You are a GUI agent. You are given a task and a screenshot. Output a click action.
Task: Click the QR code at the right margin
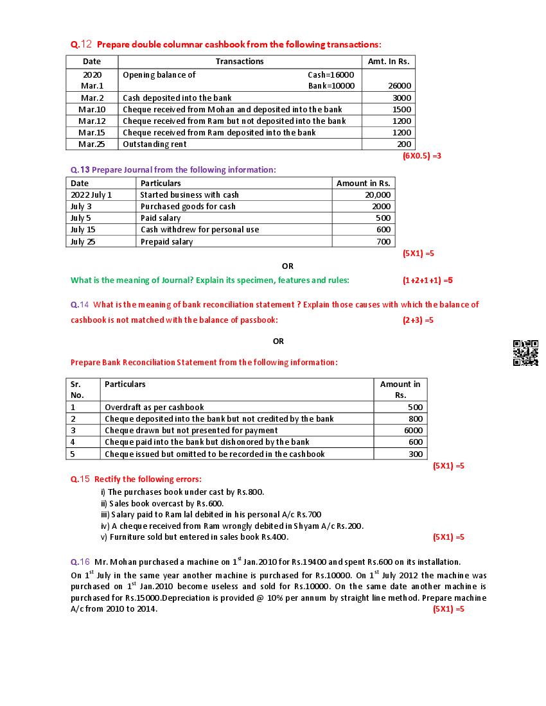(525, 353)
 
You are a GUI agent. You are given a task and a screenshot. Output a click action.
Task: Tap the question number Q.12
(82, 44)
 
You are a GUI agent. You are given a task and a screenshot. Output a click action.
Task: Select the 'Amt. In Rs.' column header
(388, 62)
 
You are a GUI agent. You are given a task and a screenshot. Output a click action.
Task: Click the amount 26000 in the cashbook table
(400, 85)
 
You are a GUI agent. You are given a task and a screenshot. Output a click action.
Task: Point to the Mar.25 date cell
(92, 144)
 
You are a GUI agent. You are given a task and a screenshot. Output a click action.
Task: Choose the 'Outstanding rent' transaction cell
(155, 144)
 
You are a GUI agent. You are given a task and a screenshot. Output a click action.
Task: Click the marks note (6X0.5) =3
(421, 156)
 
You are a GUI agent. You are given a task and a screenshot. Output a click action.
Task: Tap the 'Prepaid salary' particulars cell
(166, 242)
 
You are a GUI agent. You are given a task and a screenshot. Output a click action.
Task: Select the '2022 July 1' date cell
(91, 195)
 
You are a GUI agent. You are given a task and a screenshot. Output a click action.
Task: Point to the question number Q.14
(80, 305)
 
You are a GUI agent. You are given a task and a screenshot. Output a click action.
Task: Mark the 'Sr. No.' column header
(77, 390)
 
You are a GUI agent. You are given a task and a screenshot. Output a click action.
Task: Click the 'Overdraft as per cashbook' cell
(154, 408)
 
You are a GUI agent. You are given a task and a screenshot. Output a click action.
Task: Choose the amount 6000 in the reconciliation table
(413, 431)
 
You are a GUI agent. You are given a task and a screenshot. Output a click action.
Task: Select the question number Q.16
(80, 562)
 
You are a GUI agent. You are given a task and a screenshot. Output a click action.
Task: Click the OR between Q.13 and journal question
(287, 266)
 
